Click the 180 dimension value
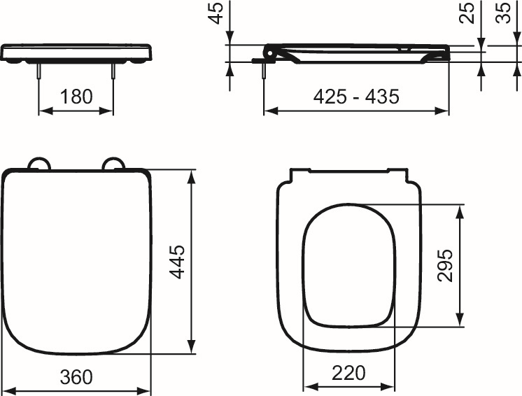76,97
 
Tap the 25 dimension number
468,13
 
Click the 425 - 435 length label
356,97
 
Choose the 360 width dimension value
76,377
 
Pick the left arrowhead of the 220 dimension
308,387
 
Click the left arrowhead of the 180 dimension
42,111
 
